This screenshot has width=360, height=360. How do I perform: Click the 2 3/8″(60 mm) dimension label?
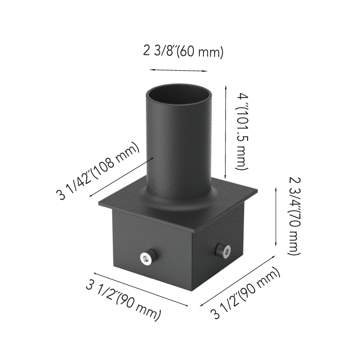click(x=183, y=51)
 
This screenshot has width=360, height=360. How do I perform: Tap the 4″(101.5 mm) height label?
click(x=242, y=131)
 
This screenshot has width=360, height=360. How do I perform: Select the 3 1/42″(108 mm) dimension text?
click(x=98, y=171)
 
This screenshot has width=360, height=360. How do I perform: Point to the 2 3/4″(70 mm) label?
click(x=294, y=216)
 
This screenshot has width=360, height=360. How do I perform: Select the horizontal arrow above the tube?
click(x=178, y=70)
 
